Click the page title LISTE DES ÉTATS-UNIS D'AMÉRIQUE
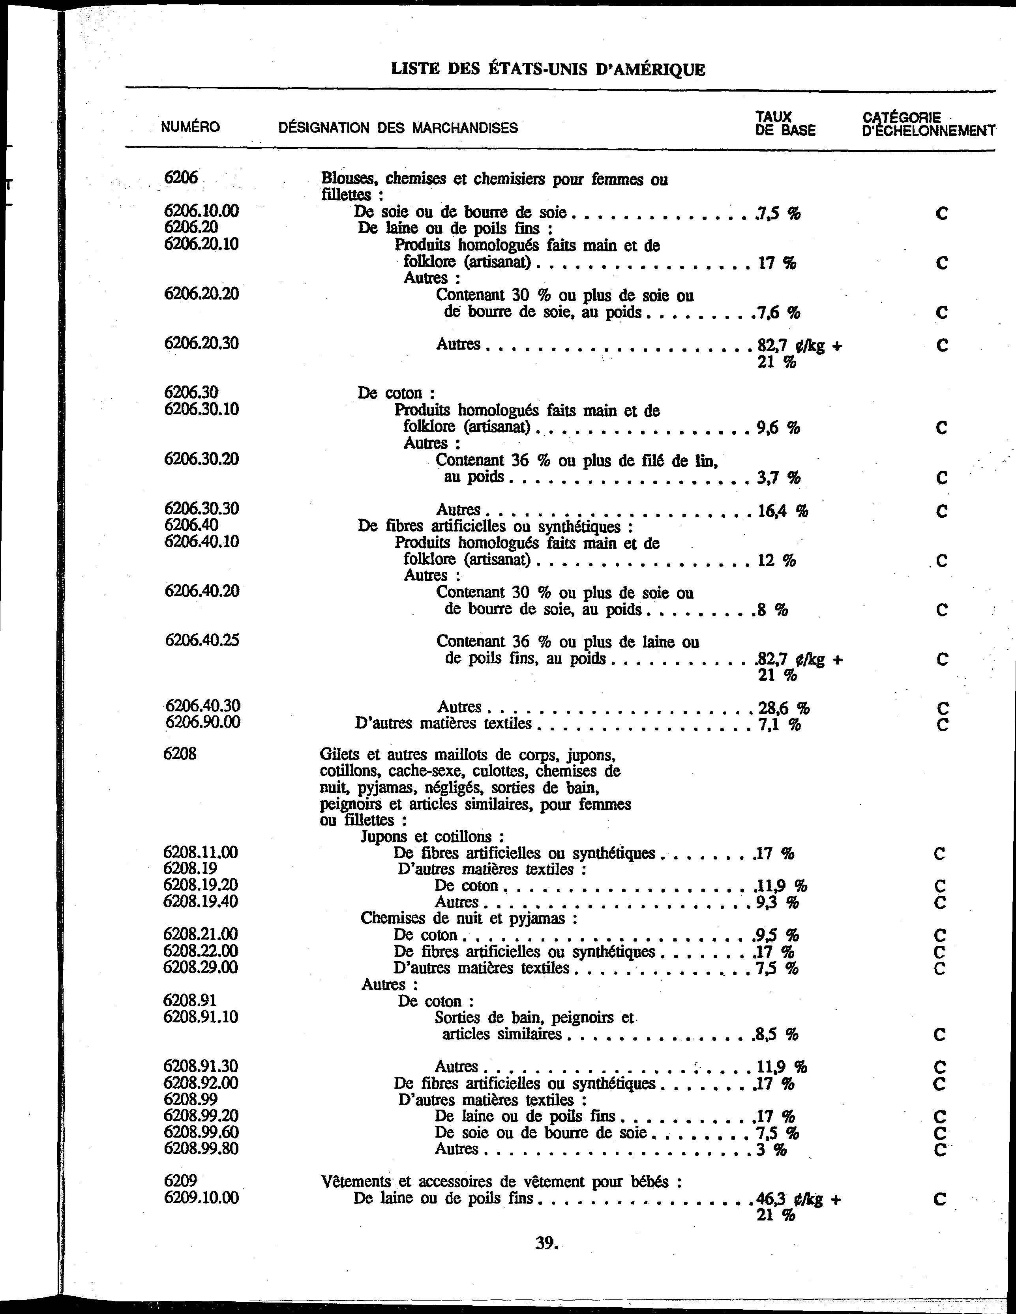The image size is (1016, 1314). [x=548, y=69]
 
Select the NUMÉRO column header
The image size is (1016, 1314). [x=190, y=127]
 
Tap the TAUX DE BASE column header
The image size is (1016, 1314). [x=785, y=124]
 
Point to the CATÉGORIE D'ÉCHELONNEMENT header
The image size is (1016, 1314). [x=928, y=124]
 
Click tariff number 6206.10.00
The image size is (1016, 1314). [x=201, y=211]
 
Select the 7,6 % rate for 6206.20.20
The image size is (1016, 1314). [x=779, y=312]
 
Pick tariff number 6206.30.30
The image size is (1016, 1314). [x=201, y=508]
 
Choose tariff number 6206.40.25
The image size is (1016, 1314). [x=202, y=640]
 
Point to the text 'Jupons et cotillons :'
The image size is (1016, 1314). [x=432, y=836]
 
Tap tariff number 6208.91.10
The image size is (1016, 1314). [x=201, y=1017]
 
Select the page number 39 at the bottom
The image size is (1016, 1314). [x=547, y=1243]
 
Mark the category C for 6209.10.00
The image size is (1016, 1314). [x=939, y=1199]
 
